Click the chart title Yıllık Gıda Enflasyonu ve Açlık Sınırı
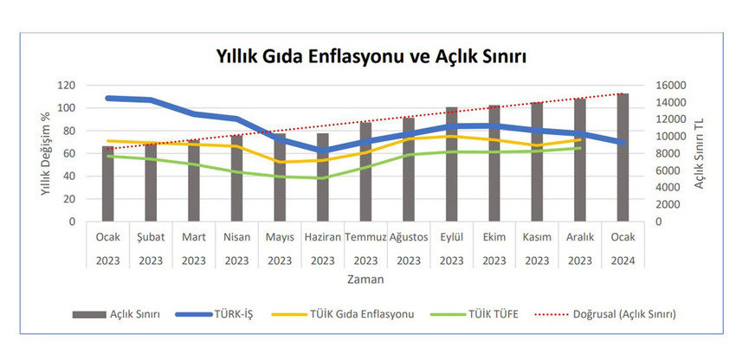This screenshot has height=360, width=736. pos(371,55)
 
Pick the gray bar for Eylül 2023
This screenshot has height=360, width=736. pos(451,164)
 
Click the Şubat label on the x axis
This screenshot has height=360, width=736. pos(151,236)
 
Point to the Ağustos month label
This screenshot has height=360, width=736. pos(408,236)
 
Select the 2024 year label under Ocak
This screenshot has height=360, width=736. pos(622,260)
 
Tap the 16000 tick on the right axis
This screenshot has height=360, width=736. pos(670,85)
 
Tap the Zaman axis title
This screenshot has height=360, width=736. pos(365,280)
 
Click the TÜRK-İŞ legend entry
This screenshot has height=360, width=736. pos(231,314)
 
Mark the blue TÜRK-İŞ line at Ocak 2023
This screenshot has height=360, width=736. pos(107,98)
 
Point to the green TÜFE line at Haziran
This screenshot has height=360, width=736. pos(322,178)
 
